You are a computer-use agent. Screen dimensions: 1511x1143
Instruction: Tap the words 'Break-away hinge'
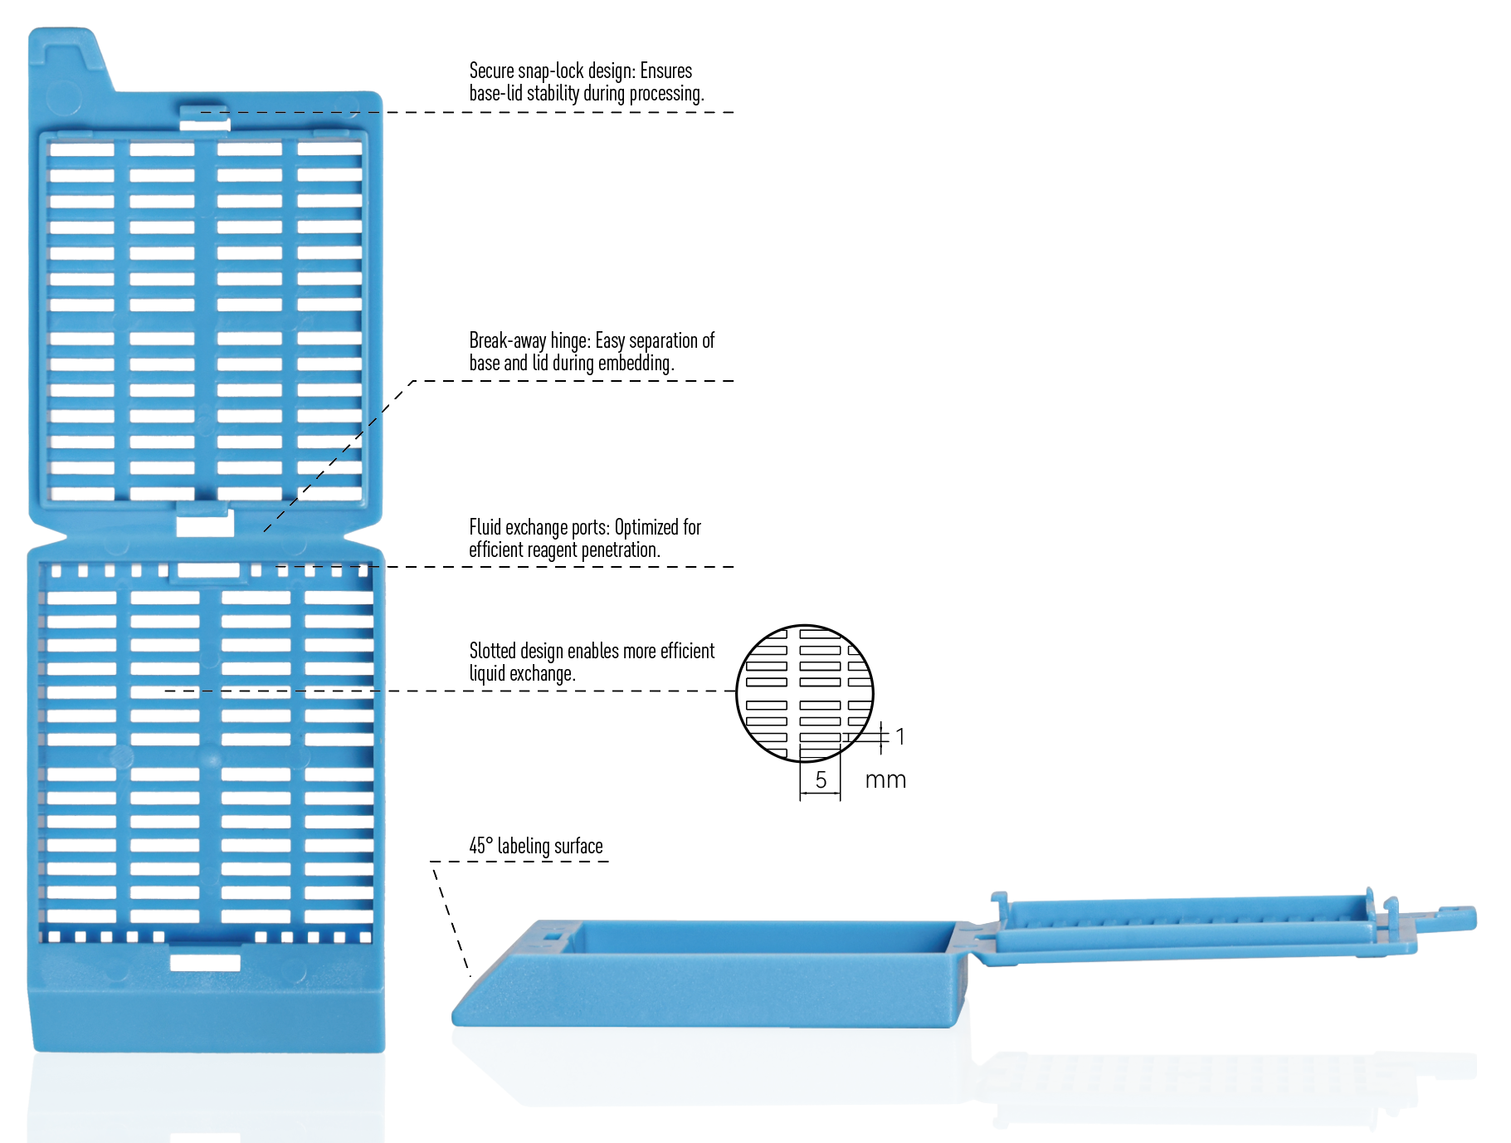click(x=529, y=340)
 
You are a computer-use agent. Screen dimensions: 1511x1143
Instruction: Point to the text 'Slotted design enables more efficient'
click(x=592, y=651)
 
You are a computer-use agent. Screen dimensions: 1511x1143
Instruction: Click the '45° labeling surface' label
click(x=536, y=846)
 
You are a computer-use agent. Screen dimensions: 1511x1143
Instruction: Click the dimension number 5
click(x=821, y=779)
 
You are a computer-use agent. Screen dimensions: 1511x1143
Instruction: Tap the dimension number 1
click(x=900, y=736)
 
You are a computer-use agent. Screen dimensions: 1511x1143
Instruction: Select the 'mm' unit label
click(x=885, y=780)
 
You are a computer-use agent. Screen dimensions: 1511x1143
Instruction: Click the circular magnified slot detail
click(x=805, y=693)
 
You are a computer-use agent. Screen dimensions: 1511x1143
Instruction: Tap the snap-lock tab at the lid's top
click(x=205, y=118)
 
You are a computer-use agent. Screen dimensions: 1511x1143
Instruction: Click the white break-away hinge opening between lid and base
click(x=205, y=524)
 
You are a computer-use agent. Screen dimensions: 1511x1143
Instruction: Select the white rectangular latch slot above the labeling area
click(x=205, y=962)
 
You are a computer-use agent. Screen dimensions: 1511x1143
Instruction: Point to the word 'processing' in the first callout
click(x=666, y=94)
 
